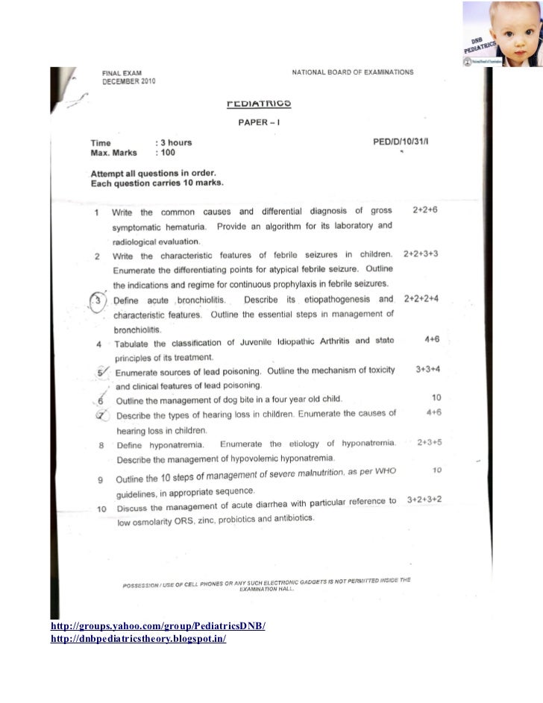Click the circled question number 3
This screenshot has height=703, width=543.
[98, 300]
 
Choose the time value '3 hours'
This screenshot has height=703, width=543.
[174, 142]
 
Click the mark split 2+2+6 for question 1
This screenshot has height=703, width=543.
[424, 211]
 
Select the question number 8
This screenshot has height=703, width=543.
[100, 446]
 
